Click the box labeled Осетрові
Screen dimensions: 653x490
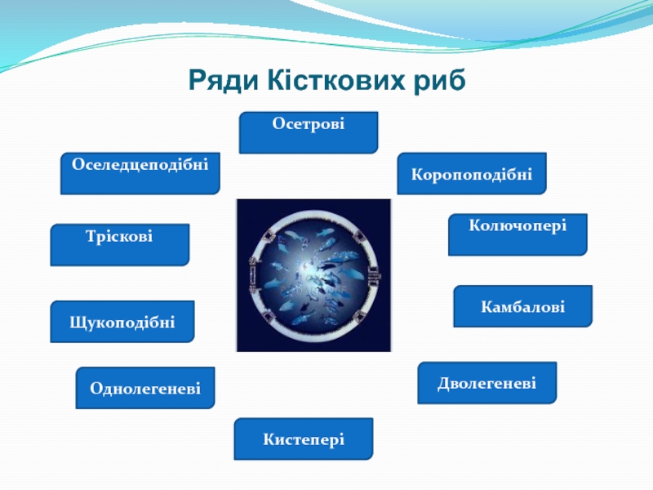click(309, 133)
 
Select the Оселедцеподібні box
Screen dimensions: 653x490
click(140, 173)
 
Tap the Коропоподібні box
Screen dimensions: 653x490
click(472, 173)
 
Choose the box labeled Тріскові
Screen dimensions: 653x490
click(119, 245)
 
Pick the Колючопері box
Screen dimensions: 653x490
click(518, 234)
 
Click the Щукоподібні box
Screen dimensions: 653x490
click(122, 321)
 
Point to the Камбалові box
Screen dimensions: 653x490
click(522, 306)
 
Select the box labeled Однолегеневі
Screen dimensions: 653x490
click(145, 388)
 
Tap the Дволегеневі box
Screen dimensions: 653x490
click(486, 383)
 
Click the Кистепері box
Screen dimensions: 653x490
click(304, 439)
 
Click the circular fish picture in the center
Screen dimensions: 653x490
click(313, 275)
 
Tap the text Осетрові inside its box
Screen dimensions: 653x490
click(309, 124)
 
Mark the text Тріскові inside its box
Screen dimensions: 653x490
click(119, 236)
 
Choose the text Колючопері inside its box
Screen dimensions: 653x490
click(518, 224)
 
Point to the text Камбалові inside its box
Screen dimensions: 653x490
click(522, 307)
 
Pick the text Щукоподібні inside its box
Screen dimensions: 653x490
click(122, 322)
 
